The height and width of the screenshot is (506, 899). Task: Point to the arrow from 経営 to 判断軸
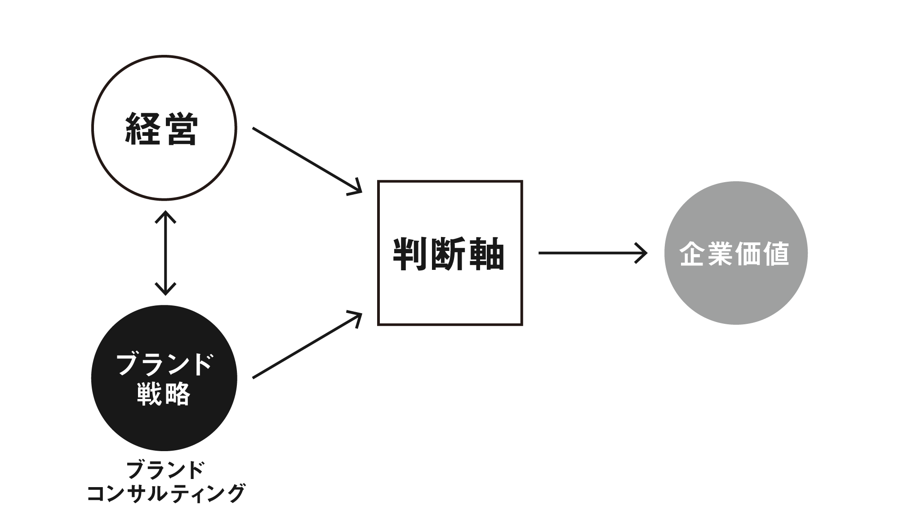point(306,160)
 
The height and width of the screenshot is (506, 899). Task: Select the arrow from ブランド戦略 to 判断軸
point(306,347)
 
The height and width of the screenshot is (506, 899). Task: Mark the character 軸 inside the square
point(487,254)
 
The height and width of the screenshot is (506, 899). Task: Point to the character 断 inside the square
point(449,254)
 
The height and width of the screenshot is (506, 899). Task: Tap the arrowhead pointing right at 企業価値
point(642,253)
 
